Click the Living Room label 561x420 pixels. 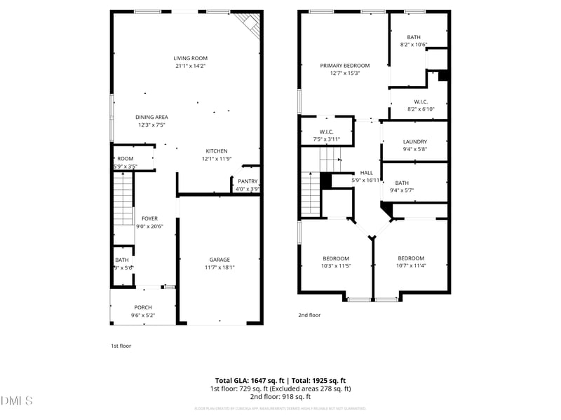point(191,58)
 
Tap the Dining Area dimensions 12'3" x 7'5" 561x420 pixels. point(152,125)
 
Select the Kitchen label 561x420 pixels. point(216,151)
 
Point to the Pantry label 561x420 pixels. point(248,181)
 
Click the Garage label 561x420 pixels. point(219,259)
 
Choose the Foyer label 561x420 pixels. point(149,218)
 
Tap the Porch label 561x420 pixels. point(143,307)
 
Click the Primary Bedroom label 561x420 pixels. point(344,65)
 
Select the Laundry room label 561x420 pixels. point(414,141)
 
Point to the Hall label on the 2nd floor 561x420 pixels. point(367,172)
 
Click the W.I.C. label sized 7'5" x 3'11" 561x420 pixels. point(326,132)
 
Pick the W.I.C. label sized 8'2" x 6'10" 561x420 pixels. point(421,101)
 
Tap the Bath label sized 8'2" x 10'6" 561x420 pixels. point(414,37)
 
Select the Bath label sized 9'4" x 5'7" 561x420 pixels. point(401,183)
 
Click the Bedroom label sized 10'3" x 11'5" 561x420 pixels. point(336,258)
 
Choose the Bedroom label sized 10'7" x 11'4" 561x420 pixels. point(410,258)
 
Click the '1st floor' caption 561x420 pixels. point(121,346)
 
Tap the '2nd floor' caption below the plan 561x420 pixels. point(309,315)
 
